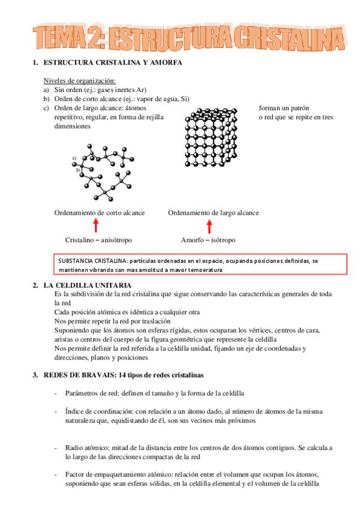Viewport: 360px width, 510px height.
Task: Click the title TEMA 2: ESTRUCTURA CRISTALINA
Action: click(x=186, y=37)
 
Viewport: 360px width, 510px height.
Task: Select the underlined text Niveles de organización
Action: click(x=79, y=81)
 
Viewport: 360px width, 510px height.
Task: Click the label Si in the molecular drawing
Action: click(x=78, y=170)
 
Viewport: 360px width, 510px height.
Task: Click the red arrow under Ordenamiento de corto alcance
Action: click(x=96, y=226)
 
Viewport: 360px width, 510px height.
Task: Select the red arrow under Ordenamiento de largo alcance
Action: click(x=209, y=226)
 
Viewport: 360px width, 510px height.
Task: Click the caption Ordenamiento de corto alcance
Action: click(x=99, y=213)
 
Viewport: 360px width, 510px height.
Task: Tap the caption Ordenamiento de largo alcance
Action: click(x=213, y=213)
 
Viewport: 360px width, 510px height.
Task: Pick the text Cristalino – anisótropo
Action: click(x=99, y=240)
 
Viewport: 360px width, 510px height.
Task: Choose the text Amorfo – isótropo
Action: click(x=208, y=240)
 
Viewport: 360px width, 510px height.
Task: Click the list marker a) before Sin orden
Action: click(x=46, y=90)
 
